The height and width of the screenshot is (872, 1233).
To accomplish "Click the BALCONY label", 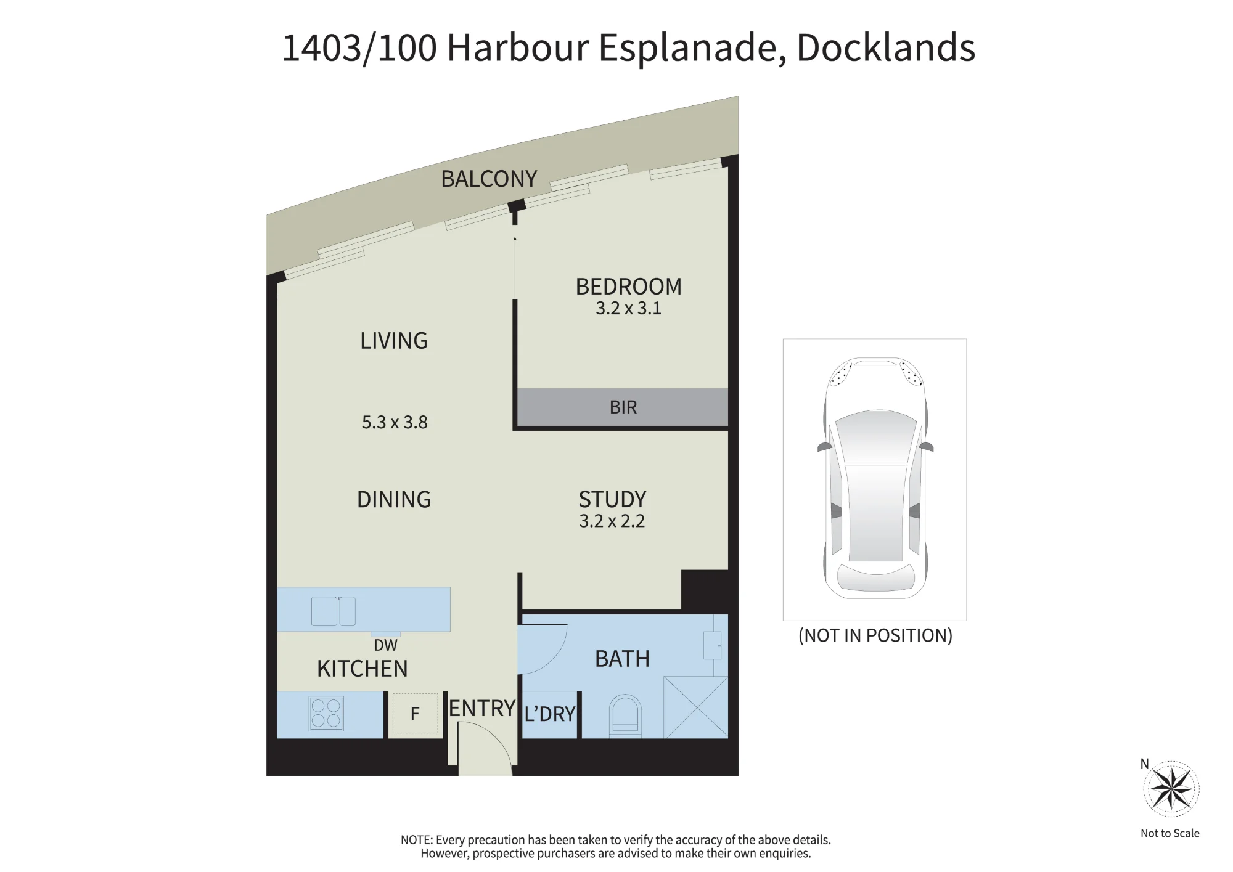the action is tap(489, 179).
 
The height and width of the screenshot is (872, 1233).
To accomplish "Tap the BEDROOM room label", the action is tap(628, 287).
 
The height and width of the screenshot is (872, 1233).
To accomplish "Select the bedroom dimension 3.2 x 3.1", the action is tap(628, 308).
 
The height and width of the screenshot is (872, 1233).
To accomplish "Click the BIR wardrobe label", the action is tap(623, 407).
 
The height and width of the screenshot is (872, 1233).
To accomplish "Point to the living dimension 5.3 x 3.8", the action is tap(395, 422).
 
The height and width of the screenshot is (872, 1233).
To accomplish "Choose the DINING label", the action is tap(394, 499).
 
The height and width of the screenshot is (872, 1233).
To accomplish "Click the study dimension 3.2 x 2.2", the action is tap(612, 521).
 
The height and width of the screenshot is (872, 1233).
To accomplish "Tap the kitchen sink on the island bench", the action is tap(334, 611).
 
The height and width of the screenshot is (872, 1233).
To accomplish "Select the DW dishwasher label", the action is tap(385, 645).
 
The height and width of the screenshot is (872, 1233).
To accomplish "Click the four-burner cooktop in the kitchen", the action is tap(326, 714).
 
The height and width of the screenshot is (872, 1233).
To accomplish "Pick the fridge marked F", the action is tap(415, 714).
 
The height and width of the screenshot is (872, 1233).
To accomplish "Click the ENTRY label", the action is tap(481, 709).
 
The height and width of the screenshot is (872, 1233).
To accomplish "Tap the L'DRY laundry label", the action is tap(549, 714).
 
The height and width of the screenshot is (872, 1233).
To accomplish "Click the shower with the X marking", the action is tap(695, 707).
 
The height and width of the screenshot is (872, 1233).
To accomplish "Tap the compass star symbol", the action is tap(1171, 789).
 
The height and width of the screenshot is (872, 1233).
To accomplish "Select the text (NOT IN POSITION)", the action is tap(875, 635).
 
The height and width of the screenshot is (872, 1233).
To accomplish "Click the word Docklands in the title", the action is tap(886, 47).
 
